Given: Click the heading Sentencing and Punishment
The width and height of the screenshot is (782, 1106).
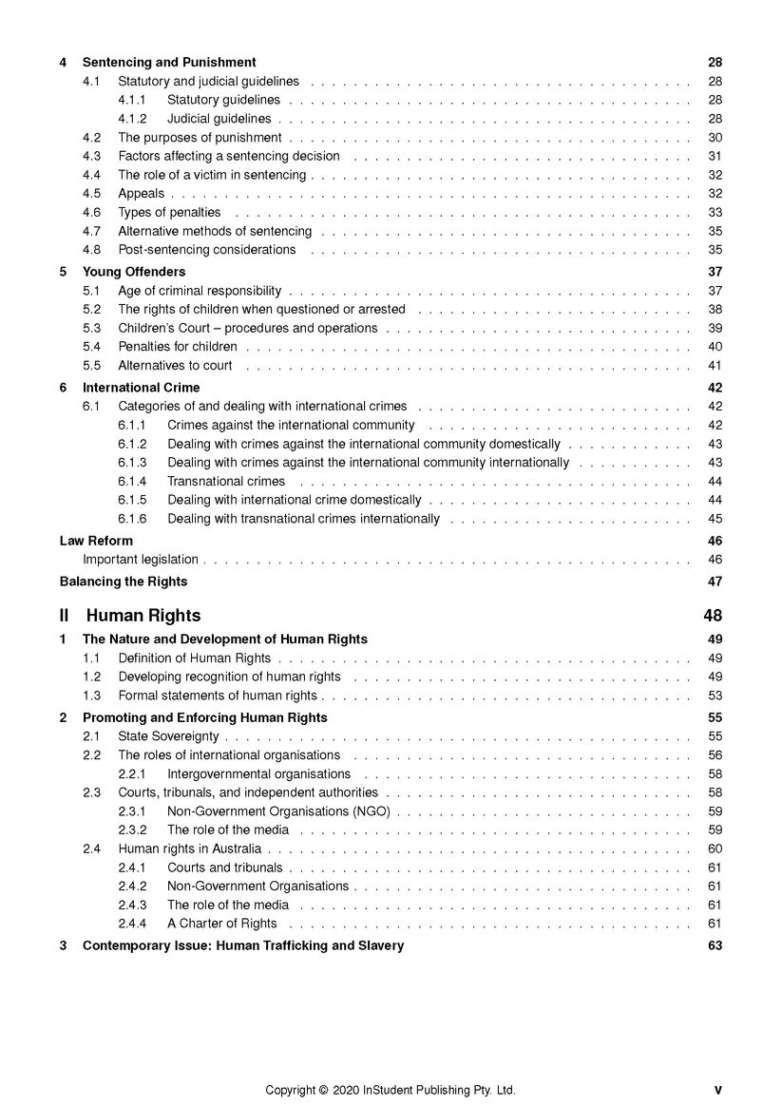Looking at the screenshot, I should point(169,63).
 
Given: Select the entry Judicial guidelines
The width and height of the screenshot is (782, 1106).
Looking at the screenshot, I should point(219,119).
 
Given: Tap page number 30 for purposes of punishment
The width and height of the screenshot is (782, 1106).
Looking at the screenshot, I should point(715,138).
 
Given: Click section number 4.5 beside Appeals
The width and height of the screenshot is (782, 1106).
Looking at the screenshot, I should point(91,194).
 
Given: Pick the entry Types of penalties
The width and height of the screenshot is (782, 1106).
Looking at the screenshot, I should point(169,213).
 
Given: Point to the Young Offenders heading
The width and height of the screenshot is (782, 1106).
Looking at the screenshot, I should point(134,272).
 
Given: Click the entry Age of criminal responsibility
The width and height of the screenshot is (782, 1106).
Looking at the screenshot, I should point(200,291).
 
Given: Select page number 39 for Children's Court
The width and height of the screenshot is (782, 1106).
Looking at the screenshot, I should point(715,328).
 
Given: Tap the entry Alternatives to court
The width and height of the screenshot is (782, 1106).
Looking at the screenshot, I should point(175,366).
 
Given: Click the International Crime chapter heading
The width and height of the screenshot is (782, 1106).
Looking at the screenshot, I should point(141,388).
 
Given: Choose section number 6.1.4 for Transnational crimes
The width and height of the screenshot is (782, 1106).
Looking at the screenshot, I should point(132,482).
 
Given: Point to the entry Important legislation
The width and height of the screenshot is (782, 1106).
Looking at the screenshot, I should point(141,560).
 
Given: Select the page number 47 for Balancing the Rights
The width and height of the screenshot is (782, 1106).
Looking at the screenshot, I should point(715,582).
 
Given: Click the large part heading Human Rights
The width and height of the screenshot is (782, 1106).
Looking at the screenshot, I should point(143,616).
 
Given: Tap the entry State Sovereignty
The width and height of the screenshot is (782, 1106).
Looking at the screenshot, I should point(168,736).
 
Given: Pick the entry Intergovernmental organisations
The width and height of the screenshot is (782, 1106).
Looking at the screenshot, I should point(258,774).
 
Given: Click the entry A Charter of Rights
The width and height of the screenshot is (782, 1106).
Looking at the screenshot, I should point(222,924).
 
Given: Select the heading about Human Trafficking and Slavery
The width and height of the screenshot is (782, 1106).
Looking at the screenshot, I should point(242,945).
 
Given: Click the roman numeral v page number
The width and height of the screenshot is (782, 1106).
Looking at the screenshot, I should point(717,1091).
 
